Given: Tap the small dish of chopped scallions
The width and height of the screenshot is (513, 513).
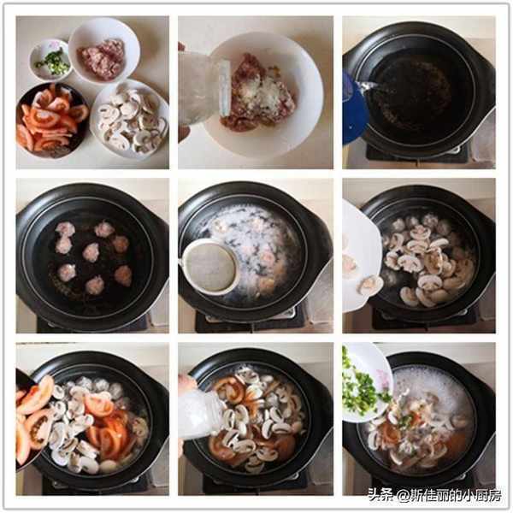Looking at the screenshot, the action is tap(50, 60).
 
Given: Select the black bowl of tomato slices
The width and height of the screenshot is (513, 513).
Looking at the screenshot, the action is tap(51, 120).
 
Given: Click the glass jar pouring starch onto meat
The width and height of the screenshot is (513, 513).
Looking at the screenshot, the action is tap(203, 88).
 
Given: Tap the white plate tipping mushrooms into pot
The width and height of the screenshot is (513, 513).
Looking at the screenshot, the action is tap(361, 258).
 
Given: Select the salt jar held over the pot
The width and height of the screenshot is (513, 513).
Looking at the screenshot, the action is tap(200, 416).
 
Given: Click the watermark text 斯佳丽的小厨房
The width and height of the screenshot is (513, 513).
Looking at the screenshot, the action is tap(456, 496).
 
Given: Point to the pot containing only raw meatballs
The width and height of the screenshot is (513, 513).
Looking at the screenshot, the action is tap(92, 256).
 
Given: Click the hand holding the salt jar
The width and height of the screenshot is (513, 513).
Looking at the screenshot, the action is tap(187, 385).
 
